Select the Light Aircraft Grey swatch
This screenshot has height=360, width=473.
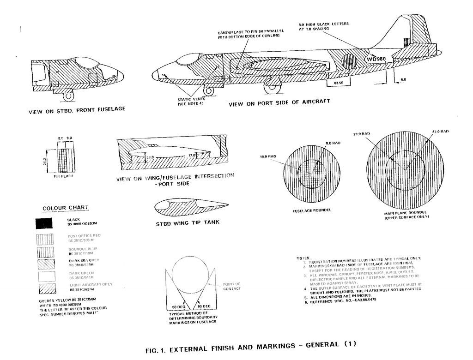tap(48, 288)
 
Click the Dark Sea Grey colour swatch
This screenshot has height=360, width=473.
tap(48, 263)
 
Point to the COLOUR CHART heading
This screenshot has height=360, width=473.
tap(65, 208)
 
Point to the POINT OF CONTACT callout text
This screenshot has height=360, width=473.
tap(231, 286)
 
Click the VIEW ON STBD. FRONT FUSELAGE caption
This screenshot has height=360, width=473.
tap(77, 111)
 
